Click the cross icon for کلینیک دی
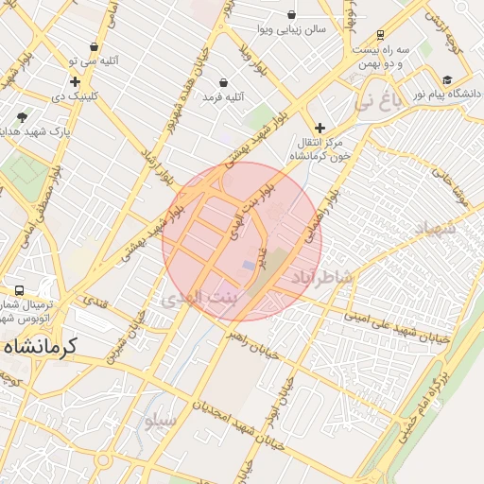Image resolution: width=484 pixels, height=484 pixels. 75,82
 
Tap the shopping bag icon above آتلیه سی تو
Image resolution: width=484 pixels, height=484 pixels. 94,47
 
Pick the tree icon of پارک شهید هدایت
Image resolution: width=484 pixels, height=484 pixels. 22,117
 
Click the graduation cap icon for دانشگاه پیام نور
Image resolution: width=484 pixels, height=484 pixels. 447,80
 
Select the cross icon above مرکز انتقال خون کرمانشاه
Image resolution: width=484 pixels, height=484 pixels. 320,128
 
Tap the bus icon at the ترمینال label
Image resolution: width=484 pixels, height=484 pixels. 19,290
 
